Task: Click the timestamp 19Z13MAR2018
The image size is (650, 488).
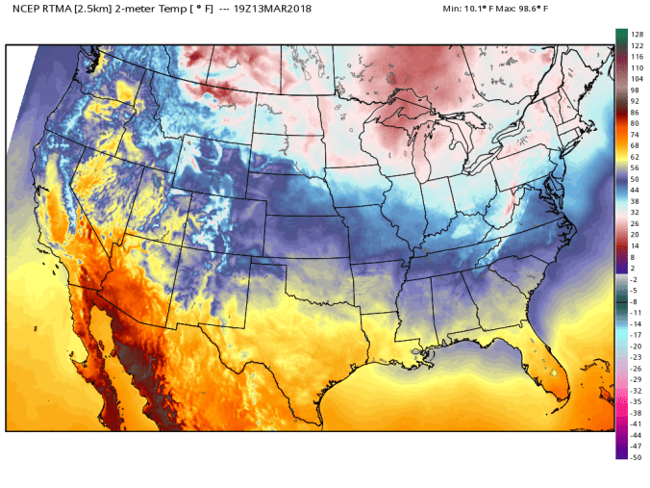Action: point(286,9)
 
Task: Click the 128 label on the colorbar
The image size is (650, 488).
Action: point(637,35)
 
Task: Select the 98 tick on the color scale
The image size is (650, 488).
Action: point(636,90)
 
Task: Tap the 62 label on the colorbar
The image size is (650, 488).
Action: point(636,156)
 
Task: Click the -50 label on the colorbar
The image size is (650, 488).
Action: point(637,457)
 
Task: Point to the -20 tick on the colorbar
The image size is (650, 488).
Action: point(637,346)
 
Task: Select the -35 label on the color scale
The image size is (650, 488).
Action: point(637,400)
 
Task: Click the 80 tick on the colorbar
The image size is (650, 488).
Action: point(636,123)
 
